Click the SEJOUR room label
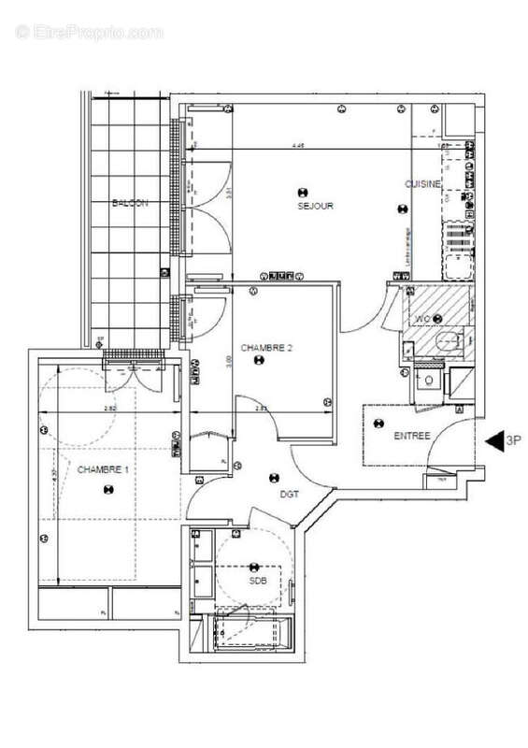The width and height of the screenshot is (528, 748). point(316,206)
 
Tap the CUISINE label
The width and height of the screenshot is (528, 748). point(422,185)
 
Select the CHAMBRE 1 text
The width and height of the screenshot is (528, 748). point(106,468)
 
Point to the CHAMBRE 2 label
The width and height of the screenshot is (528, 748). point(267,348)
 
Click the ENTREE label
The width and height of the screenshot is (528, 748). point(412,436)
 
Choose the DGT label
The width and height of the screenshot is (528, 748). point(290,495)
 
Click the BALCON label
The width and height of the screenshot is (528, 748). point(130,204)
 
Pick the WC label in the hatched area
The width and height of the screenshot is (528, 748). point(422,319)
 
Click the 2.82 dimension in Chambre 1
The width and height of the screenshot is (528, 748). point(109,409)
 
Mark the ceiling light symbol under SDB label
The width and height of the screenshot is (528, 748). point(256,567)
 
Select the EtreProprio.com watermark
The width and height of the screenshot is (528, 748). point(90,32)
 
